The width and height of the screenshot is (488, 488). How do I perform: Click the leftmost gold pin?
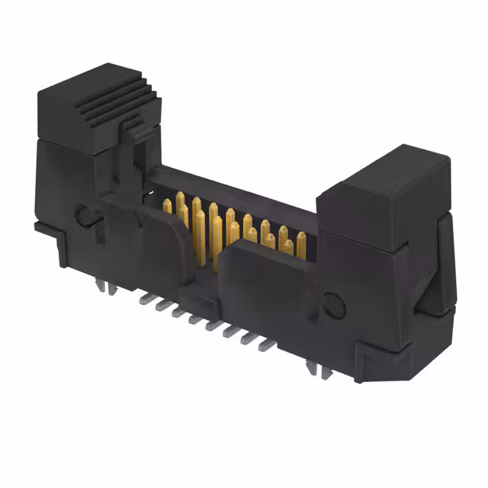point(167,205)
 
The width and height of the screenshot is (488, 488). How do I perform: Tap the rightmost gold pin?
point(301,242)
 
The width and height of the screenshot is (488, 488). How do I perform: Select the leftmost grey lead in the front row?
point(143,298)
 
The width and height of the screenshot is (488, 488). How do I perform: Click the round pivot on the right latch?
point(333,305)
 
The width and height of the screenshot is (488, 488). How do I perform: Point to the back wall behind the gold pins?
point(229,191)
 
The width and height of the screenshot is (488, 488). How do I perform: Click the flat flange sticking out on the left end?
point(46,226)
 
